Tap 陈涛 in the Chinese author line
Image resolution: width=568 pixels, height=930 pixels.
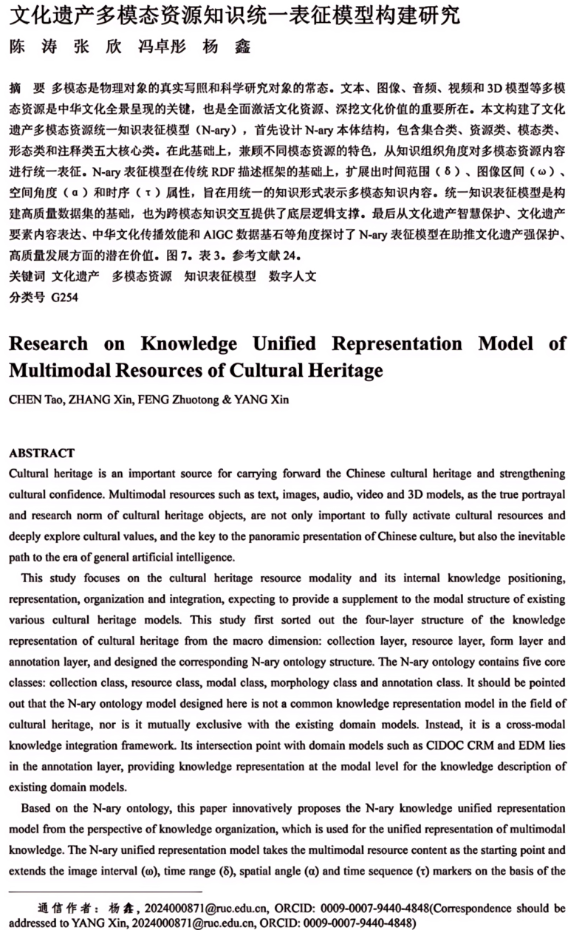(x=30, y=47)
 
